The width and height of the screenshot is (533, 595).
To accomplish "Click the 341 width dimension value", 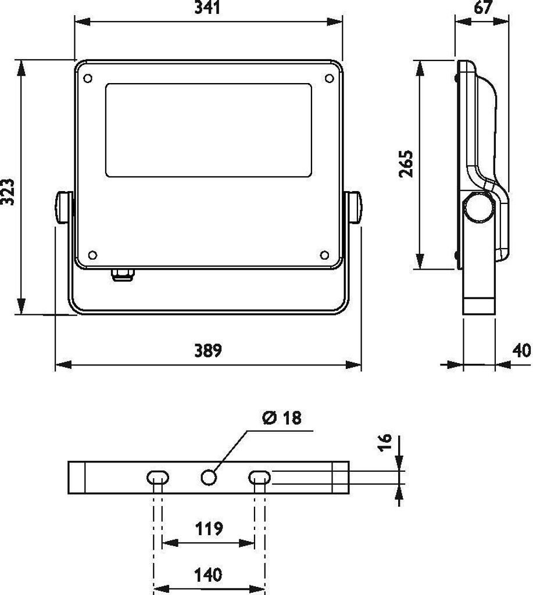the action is click(208, 7).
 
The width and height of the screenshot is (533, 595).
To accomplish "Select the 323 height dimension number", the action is click(8, 192).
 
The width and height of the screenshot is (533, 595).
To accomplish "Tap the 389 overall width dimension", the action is click(208, 350).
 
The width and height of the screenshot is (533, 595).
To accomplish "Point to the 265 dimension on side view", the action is click(406, 163).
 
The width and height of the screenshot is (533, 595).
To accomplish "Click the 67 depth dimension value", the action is click(483, 7).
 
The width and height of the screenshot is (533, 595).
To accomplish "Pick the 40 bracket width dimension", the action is click(521, 350).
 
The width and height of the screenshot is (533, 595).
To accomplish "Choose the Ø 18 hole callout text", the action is click(281, 418).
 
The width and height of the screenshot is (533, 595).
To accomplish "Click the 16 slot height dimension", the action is click(385, 442).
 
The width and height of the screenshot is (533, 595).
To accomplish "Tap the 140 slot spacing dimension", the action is click(208, 575).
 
